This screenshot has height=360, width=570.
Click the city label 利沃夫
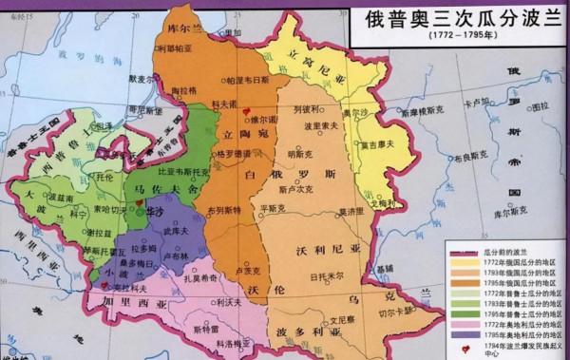(225, 301)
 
